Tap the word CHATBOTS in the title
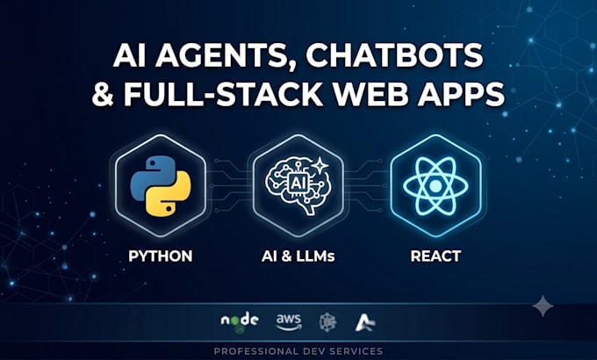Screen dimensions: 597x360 395,54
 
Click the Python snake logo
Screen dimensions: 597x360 161,186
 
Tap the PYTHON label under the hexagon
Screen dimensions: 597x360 161,256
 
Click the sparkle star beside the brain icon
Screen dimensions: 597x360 320,166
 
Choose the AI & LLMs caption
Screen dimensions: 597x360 298,256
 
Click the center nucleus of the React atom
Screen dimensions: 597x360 435,186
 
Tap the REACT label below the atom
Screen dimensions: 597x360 435,256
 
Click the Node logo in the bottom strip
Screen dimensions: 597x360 240,322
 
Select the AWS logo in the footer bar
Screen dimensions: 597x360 289,322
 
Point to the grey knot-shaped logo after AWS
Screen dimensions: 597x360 327,322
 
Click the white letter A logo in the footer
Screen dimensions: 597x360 364,322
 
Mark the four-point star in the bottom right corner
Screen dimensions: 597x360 543,306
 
